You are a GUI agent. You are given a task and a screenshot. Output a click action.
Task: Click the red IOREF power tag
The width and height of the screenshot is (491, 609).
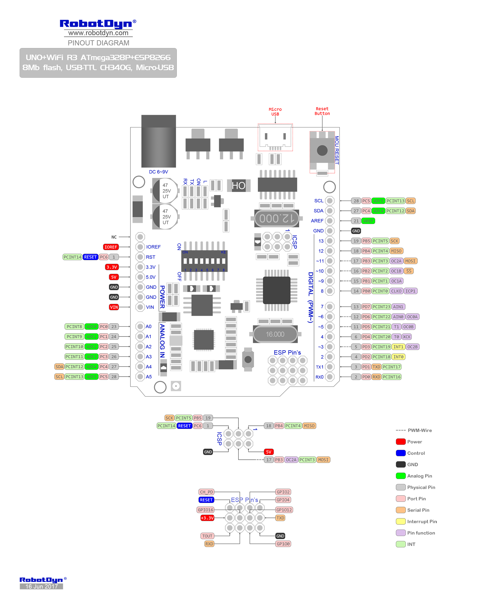tap(111, 247)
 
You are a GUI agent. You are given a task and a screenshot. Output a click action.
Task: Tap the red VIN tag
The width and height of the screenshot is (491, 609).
tap(114, 307)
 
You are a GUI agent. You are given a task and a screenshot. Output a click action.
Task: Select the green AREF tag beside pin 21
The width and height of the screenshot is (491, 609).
tap(368, 221)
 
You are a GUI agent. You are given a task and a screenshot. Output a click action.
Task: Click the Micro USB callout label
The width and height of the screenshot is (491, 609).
tap(275, 111)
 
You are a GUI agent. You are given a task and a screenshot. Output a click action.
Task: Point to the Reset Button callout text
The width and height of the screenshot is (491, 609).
tap(322, 111)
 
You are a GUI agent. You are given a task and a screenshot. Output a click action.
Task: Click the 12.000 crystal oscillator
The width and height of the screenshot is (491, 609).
tap(277, 218)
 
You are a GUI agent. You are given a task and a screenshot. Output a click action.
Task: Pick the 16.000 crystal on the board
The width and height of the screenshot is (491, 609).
tap(275, 334)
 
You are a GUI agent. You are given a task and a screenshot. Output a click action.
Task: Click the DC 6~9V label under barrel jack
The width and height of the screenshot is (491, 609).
tap(159, 172)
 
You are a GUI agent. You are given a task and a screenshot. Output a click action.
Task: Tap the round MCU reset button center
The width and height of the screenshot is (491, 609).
tap(322, 150)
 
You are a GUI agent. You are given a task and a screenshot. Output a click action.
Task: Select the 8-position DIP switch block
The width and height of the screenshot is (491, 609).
tap(204, 261)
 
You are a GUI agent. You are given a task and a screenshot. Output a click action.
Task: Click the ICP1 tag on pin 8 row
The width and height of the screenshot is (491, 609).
tap(410, 291)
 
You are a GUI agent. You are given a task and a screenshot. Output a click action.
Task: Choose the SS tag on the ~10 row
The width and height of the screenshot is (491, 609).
tap(409, 271)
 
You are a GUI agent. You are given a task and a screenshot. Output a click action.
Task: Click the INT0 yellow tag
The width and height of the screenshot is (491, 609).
tap(398, 357)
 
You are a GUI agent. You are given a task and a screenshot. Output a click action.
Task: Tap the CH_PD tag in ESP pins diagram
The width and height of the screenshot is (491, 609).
tap(206, 492)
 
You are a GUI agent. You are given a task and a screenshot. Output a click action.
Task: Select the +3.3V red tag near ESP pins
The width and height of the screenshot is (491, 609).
tap(207, 518)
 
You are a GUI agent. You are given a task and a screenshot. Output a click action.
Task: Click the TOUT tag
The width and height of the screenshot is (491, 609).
tap(207, 536)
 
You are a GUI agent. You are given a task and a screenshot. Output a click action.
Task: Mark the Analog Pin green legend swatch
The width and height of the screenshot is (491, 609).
tap(400, 476)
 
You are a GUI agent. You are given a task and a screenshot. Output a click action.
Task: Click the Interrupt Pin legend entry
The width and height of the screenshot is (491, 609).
tap(422, 521)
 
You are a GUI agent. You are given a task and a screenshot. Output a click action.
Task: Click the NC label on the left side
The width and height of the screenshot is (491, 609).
tap(114, 237)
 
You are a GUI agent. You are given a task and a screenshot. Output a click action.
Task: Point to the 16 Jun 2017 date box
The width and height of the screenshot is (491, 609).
tap(41, 586)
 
